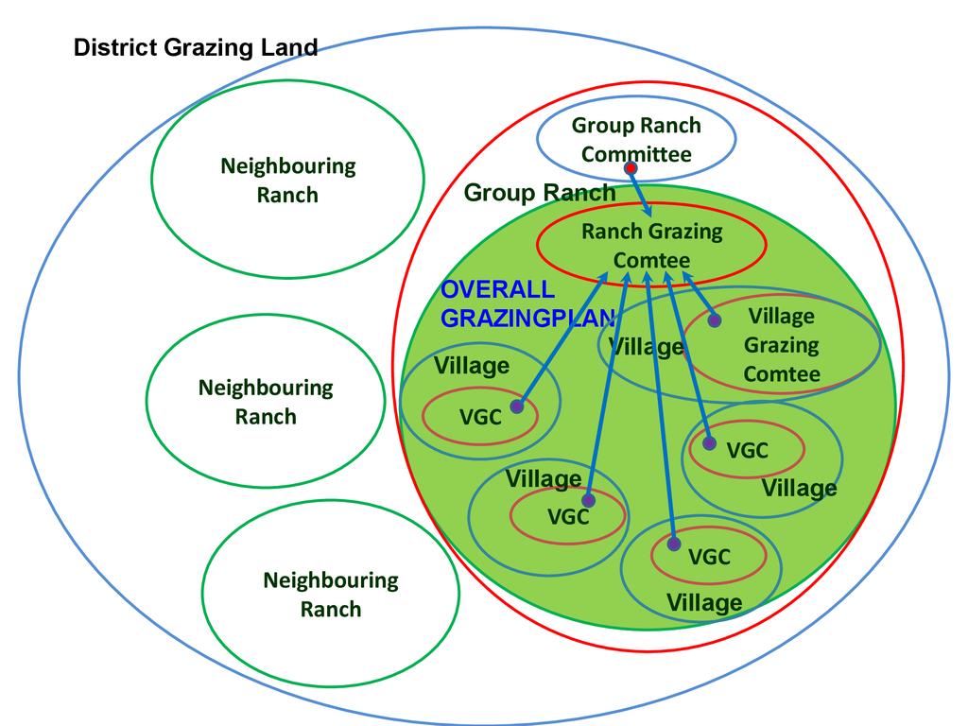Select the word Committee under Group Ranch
point(636,155)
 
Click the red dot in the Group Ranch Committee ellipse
point(631,168)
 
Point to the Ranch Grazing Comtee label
point(651,245)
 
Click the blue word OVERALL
point(498,290)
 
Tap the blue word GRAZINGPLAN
point(527,318)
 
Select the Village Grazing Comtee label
point(781,345)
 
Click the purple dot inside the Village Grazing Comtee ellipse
point(715,320)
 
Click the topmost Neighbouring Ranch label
point(287,181)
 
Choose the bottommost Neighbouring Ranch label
point(331,595)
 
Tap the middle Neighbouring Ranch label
point(266,402)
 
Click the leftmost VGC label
point(480,417)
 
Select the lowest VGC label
point(709,558)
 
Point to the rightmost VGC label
point(747,451)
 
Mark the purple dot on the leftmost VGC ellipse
point(516,406)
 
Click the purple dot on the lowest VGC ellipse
point(673,544)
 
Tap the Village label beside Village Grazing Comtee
point(647,347)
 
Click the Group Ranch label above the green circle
point(539,194)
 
